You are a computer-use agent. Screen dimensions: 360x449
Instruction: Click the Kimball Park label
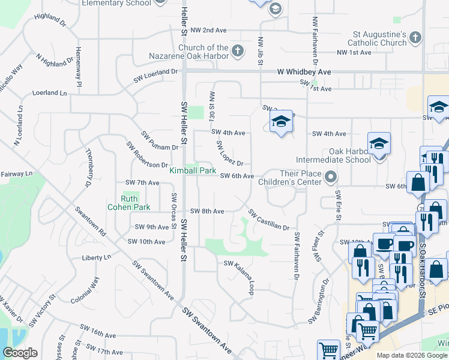(192, 171)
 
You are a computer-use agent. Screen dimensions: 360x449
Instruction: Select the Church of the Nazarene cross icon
(237, 50)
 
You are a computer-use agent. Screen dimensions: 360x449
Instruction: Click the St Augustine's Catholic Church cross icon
(415, 38)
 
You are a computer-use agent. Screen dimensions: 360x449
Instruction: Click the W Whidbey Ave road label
(304, 71)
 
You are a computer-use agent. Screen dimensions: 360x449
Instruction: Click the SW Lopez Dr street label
(229, 154)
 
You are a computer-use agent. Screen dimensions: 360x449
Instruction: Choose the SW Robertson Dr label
(147, 155)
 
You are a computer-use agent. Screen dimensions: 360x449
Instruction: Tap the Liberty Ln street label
(97, 257)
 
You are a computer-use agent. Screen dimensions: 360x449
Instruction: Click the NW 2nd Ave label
(210, 30)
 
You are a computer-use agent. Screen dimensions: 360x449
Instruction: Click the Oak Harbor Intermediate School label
(333, 155)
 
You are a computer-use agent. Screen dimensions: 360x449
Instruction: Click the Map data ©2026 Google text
(412, 355)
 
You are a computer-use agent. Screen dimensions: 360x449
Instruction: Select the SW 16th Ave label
(98, 334)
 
